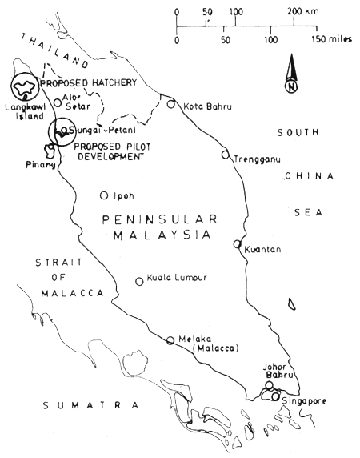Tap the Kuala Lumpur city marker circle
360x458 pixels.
coord(139,281)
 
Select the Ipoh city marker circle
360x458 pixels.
coord(103,195)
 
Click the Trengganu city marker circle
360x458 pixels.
coord(226,155)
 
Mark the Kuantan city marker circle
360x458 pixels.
coord(237,244)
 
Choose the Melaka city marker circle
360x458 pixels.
coord(170,340)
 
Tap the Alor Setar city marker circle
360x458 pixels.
coord(57,102)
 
